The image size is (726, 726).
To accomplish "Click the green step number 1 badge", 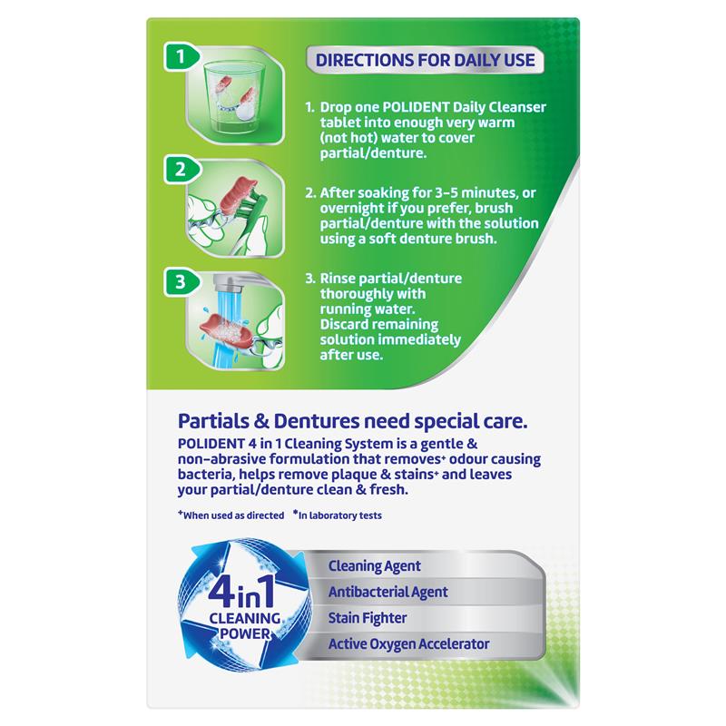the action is click(x=181, y=57).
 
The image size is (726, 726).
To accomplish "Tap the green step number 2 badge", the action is click(x=181, y=170).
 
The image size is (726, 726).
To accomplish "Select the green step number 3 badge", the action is click(x=181, y=282).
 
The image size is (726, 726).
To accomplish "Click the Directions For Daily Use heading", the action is click(x=425, y=60).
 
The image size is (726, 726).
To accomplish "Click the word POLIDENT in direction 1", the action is click(x=416, y=107).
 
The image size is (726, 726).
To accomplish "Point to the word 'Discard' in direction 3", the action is click(x=345, y=324).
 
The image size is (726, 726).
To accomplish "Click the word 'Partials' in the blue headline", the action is click(x=213, y=421).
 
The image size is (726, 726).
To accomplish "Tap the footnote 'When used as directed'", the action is click(x=231, y=515).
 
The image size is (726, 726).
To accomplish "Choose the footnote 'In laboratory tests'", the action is click(x=337, y=515).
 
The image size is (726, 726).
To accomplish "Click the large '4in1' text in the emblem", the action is click(x=241, y=592).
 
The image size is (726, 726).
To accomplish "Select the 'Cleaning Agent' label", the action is click(x=375, y=566).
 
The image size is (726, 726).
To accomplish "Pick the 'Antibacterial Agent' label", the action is click(x=388, y=593).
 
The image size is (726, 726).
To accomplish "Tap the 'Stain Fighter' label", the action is click(x=368, y=618).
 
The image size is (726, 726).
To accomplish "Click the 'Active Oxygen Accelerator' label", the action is click(x=409, y=644).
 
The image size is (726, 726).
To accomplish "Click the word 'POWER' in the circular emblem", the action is click(x=245, y=633).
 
